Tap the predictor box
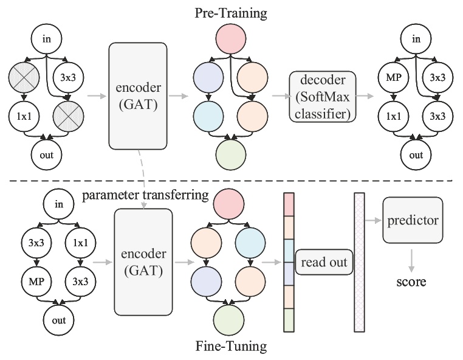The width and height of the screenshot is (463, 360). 411,220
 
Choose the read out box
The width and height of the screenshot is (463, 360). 324,262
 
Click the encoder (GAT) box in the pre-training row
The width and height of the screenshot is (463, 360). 137,95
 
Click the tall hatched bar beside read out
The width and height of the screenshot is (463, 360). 359,262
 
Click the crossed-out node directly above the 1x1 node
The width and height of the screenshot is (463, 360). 24,78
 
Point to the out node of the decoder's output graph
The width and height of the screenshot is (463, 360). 416,155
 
